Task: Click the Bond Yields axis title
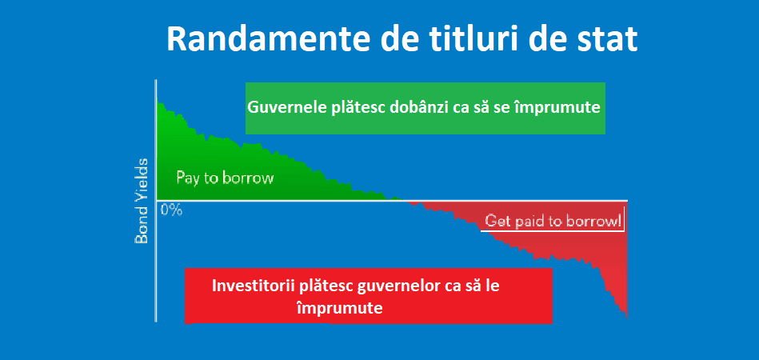[x=142, y=200]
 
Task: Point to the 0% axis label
[x=171, y=210]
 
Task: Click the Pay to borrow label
[x=225, y=178]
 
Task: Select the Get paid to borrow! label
[x=553, y=221]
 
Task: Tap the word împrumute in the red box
[x=339, y=308]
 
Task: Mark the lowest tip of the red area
[x=627, y=318]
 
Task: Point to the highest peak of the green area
[x=157, y=98]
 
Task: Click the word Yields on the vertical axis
[x=142, y=178]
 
